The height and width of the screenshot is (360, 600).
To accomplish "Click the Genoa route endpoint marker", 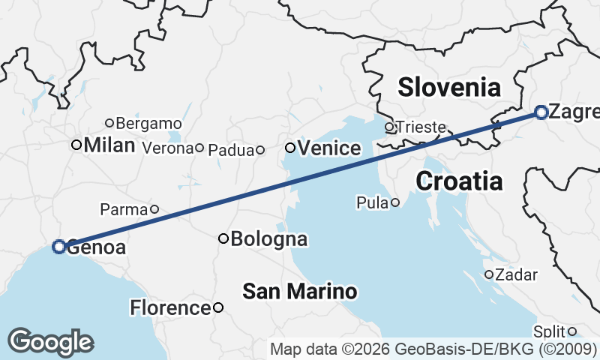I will point(59,246).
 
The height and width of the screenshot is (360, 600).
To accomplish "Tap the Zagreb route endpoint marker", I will point(541,112).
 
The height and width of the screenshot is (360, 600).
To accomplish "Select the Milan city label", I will point(109,145).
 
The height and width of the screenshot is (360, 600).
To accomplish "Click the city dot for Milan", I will point(76,145).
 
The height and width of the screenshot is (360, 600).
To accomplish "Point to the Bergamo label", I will point(149,123).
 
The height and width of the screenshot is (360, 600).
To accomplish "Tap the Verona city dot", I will point(199,148).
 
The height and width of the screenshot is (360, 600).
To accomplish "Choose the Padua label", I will point(231,150).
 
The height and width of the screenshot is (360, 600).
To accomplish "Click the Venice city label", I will point(329,148).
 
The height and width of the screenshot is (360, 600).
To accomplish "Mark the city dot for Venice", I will point(290,148).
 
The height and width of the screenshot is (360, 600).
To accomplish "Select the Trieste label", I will point(421,127).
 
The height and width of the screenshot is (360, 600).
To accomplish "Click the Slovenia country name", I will point(449,87).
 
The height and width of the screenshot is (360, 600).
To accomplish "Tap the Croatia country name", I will point(458,181).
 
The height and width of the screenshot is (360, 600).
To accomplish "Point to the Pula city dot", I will point(394,202).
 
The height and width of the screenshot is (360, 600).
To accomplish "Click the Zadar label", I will point(517,275).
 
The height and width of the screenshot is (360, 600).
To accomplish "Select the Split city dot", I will point(571,331).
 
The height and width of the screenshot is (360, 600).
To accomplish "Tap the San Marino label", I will point(299,291).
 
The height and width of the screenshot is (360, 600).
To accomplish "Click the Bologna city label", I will point(269,239).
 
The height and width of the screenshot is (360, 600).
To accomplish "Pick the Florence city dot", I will point(217,307).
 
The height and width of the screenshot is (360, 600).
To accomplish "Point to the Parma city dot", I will point(154,209).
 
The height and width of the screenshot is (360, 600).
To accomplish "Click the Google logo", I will point(50,342).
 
